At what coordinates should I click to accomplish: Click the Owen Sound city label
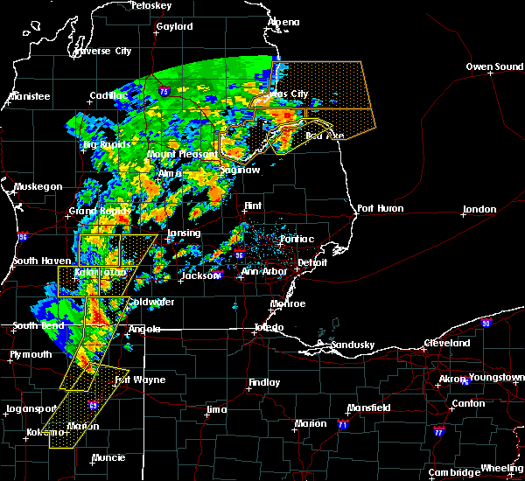(493, 66)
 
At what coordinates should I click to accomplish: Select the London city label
(479, 209)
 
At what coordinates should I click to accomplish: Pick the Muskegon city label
(38, 186)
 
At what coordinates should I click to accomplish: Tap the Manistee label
(29, 96)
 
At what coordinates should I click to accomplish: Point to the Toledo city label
(269, 327)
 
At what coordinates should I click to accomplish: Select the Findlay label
(264, 382)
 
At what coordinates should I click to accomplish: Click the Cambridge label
(456, 472)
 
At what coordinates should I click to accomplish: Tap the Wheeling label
(503, 469)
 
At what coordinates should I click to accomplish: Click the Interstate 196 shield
(21, 236)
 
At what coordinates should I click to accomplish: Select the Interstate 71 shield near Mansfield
(343, 424)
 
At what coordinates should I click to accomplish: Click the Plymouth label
(31, 354)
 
